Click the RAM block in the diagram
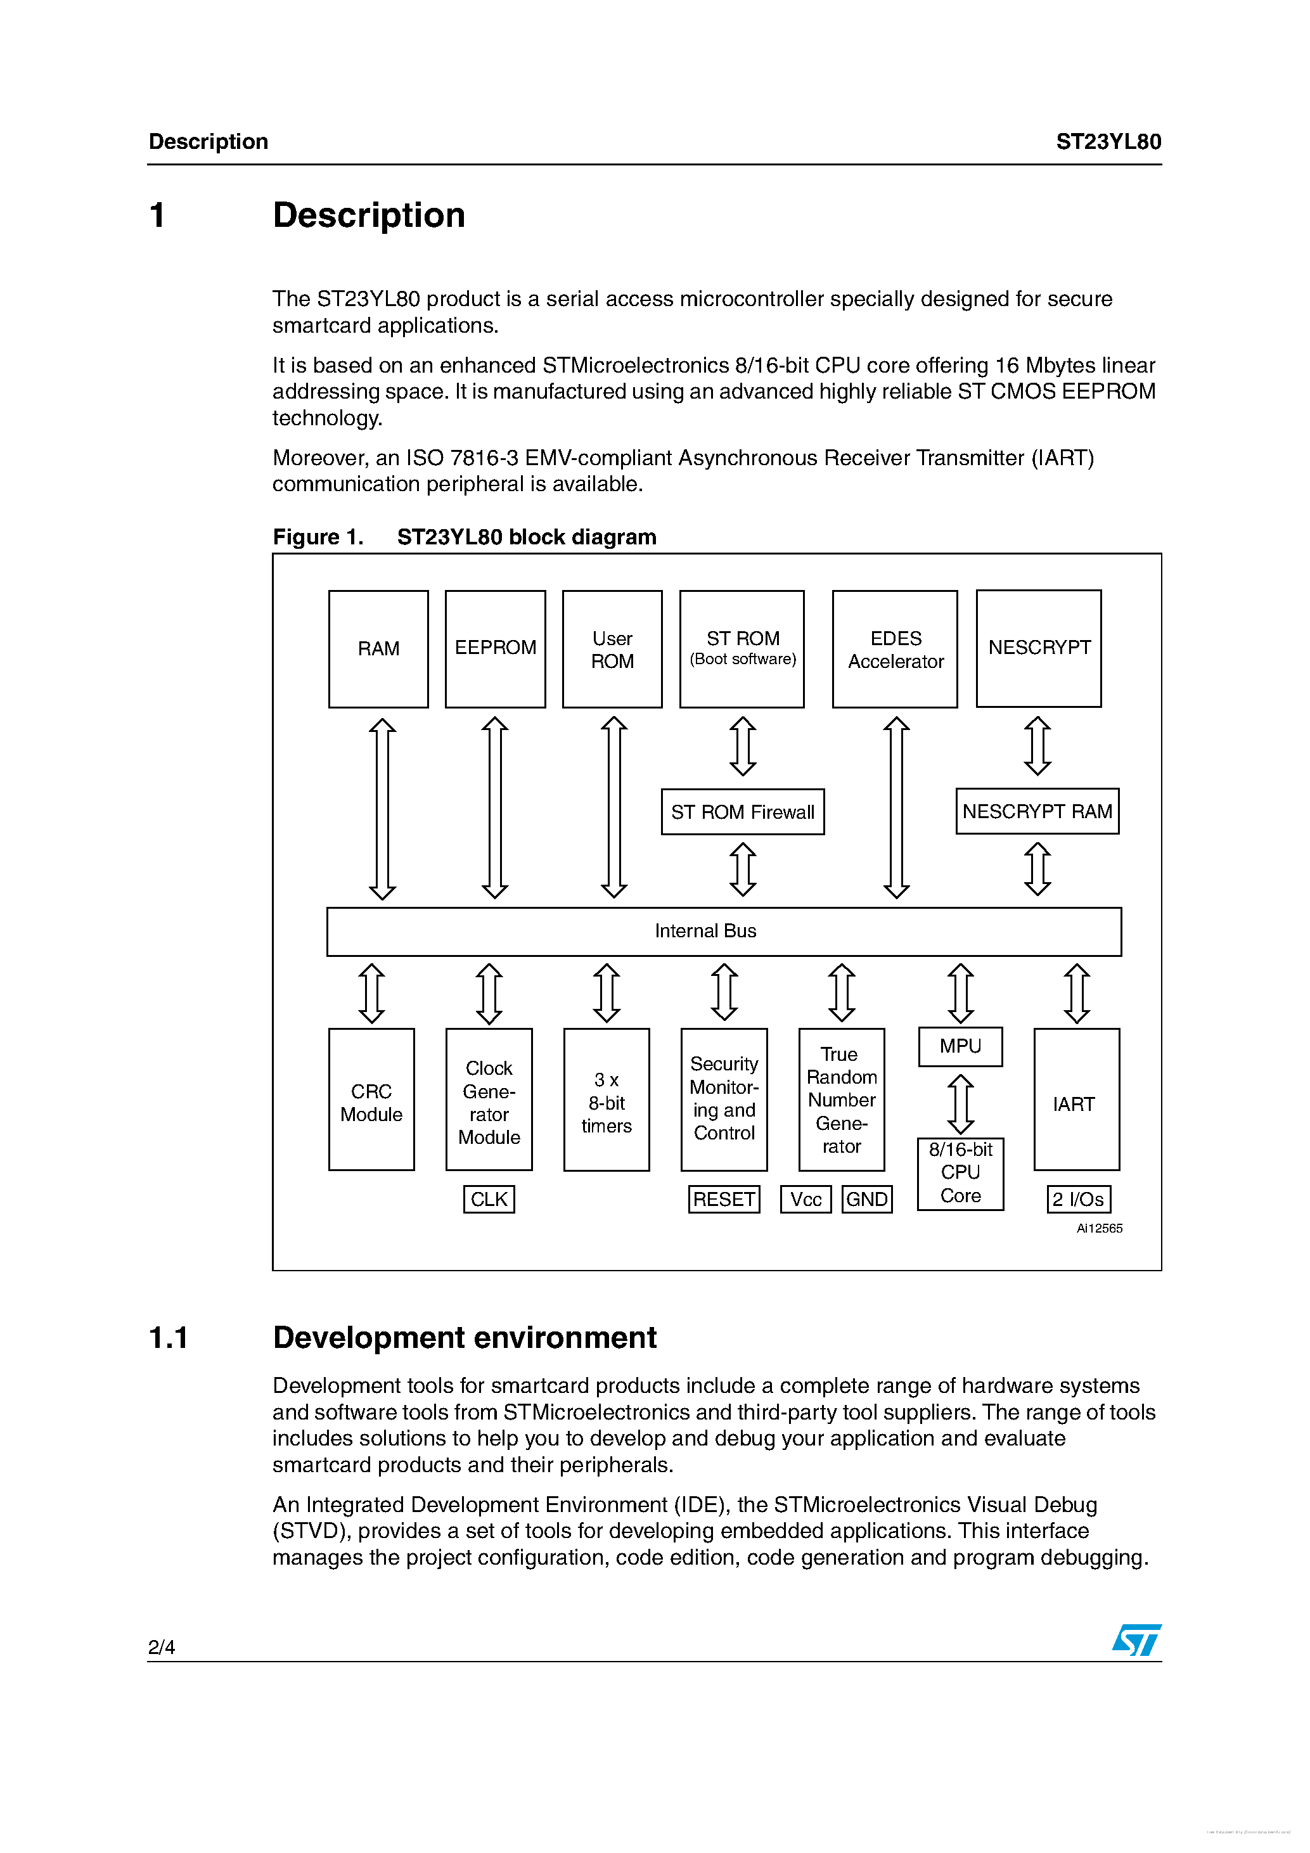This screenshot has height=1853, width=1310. click(x=378, y=649)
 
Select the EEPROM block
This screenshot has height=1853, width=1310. click(x=495, y=649)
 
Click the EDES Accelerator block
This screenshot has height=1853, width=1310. click(x=894, y=649)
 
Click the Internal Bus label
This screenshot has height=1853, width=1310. click(x=705, y=932)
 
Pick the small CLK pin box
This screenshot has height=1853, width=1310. click(x=489, y=1199)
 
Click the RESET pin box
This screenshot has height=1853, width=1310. click(x=723, y=1199)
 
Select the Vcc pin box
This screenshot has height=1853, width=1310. click(x=806, y=1199)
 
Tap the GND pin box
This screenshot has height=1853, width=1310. click(x=866, y=1199)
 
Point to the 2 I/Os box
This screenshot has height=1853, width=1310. click(x=1077, y=1199)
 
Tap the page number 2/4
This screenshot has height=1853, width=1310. click(x=162, y=1647)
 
